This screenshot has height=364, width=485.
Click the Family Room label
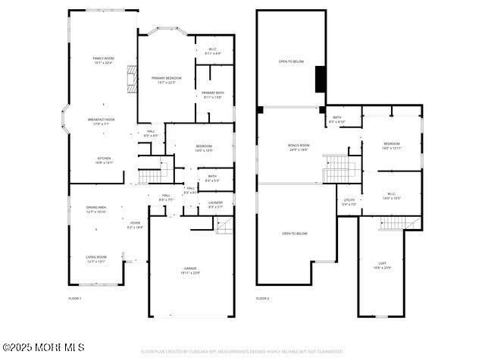pos(103,61)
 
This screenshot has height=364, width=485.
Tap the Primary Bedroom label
pos(167,80)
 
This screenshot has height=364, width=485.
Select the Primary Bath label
pos(213,95)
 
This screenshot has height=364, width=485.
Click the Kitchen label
pos(104,160)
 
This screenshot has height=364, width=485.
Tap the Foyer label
pos(135,224)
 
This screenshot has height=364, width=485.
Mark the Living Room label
pos(96,259)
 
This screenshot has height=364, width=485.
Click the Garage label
pos(190,270)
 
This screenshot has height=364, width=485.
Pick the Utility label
pos(349,202)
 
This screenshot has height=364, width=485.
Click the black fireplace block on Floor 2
pos(321,79)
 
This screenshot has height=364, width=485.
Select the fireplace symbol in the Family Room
pos(132,78)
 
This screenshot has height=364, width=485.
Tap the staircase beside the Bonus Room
pos(335,169)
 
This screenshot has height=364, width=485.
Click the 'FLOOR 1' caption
pos(75,299)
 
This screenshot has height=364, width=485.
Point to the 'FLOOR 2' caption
pos(262,299)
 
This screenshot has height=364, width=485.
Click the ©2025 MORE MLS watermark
pos(43,347)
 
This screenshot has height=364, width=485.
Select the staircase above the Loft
pos(392,223)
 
